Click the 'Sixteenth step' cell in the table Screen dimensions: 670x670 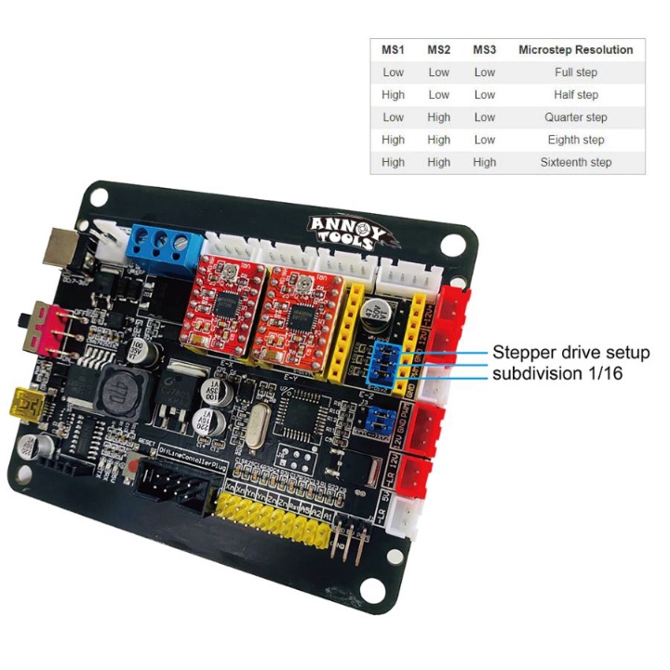click(576, 162)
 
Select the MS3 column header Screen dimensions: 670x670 click(484, 49)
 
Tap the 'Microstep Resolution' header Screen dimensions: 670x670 click(576, 49)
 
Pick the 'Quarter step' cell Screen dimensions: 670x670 click(576, 117)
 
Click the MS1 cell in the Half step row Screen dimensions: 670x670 click(393, 95)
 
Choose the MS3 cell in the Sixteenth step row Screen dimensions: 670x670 click(484, 162)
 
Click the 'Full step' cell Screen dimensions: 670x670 click(576, 72)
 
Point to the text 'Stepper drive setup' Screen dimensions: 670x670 click(570, 353)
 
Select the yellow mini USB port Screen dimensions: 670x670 click(45, 406)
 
